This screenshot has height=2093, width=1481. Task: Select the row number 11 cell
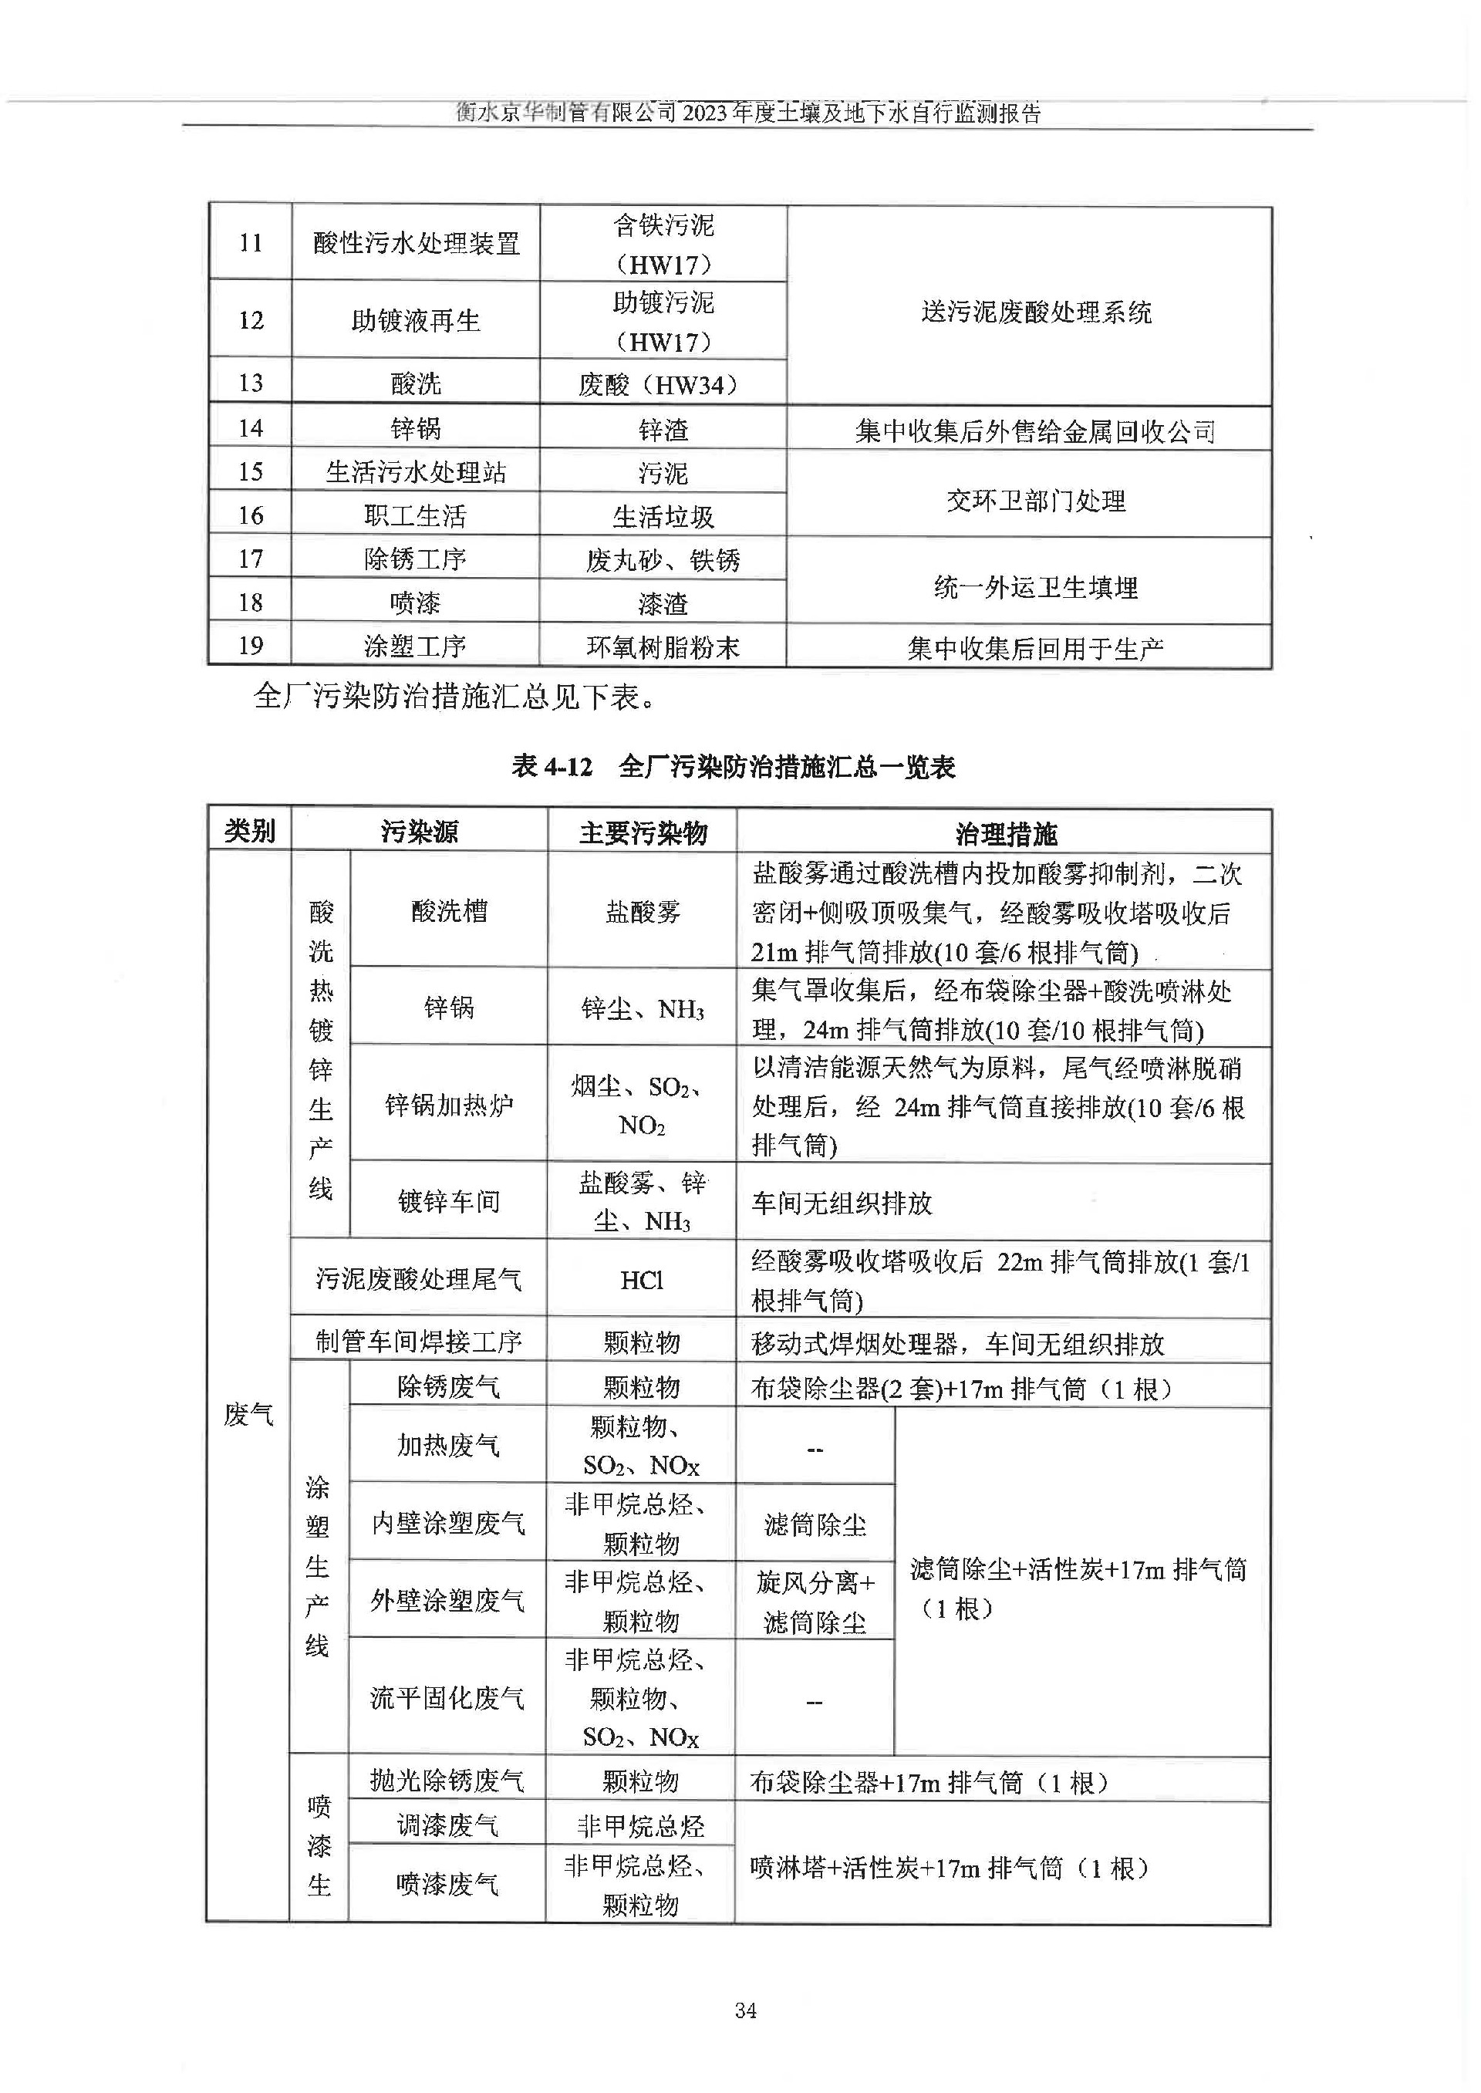[251, 242]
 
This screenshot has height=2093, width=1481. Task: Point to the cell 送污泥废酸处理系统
[1035, 312]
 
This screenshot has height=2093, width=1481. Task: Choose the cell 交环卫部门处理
[1035, 501]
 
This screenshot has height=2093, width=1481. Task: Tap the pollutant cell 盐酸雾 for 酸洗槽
[643, 911]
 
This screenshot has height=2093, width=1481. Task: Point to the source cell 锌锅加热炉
[449, 1106]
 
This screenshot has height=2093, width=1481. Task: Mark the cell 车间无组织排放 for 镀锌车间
[842, 1203]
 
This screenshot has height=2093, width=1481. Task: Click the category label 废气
[249, 1414]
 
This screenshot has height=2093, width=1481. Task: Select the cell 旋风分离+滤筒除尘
[815, 1602]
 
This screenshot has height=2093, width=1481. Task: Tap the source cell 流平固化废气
[447, 1697]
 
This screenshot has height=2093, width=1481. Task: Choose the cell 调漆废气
[447, 1825]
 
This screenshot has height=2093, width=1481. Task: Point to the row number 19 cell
[251, 646]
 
